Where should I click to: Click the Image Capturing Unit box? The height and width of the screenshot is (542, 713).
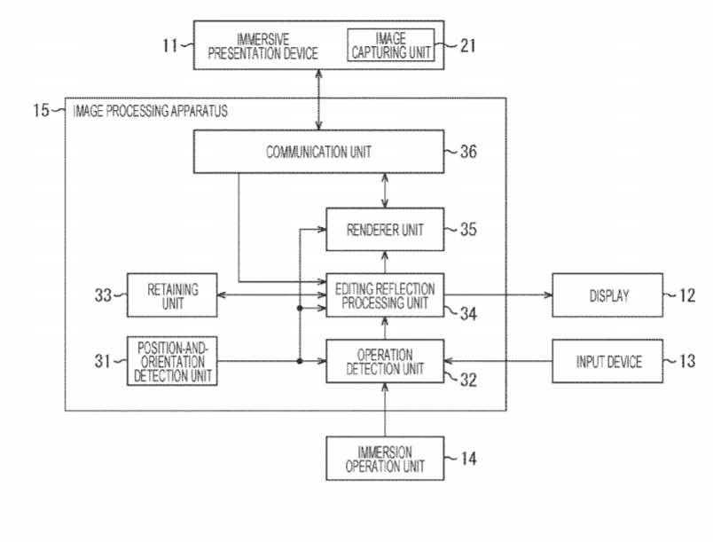click(x=391, y=45)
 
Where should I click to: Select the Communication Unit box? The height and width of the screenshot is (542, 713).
click(x=318, y=152)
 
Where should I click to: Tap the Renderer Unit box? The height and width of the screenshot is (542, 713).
click(x=384, y=230)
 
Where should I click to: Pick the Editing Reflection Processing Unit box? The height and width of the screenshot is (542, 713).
click(x=384, y=295)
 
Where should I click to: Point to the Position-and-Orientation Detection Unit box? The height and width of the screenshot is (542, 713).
click(x=172, y=361)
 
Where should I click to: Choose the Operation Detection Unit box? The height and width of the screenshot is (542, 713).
click(x=384, y=361)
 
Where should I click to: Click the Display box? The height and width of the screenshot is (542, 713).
click(x=607, y=295)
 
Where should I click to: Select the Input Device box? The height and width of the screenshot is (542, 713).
click(x=607, y=361)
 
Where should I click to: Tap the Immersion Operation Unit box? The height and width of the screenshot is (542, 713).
click(x=384, y=459)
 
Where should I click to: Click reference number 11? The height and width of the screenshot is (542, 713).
click(x=170, y=45)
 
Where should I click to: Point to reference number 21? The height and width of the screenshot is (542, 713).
click(x=467, y=45)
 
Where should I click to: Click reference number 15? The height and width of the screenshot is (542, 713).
click(x=41, y=111)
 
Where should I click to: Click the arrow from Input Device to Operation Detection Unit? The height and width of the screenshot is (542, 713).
click(x=497, y=361)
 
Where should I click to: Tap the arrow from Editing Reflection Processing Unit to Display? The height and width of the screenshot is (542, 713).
click(x=497, y=295)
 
